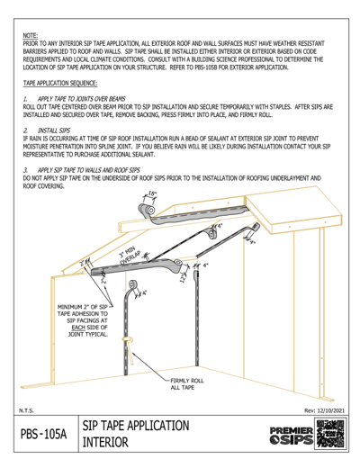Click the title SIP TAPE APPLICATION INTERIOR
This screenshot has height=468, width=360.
[135, 434]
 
